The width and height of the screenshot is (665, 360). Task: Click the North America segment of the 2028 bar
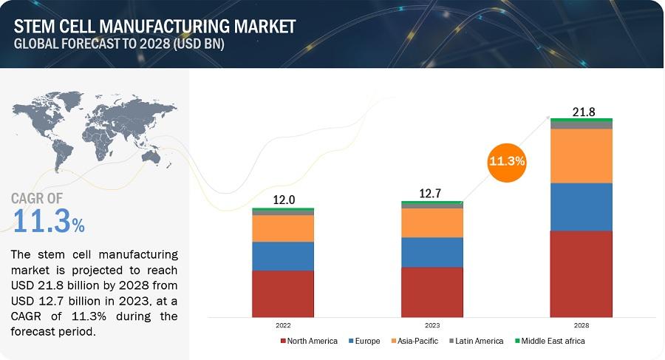pyautogui.click(x=581, y=274)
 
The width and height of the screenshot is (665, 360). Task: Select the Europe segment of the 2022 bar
pyautogui.click(x=283, y=257)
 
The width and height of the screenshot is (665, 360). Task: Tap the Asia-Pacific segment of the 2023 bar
pyautogui.click(x=432, y=223)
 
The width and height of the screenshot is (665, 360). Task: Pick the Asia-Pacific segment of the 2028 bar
pyautogui.click(x=581, y=156)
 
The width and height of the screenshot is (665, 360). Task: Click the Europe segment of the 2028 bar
pyautogui.click(x=581, y=207)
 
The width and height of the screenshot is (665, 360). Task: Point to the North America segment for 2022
pyautogui.click(x=283, y=293)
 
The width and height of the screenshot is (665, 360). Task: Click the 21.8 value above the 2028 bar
pyautogui.click(x=584, y=112)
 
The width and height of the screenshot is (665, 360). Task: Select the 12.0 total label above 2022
pyautogui.click(x=284, y=200)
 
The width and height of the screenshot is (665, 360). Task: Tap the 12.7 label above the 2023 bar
pyautogui.click(x=430, y=194)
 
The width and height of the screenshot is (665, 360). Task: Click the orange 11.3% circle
pyautogui.click(x=507, y=162)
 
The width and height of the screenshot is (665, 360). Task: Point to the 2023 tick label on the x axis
pyautogui.click(x=432, y=325)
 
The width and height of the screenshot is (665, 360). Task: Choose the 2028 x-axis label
pyautogui.click(x=582, y=325)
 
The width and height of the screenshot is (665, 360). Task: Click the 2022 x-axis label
pyautogui.click(x=283, y=325)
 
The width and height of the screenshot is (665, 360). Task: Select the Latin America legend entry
pyautogui.click(x=477, y=341)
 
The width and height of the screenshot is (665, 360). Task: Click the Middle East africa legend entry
pyautogui.click(x=550, y=341)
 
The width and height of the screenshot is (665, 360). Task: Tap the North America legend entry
pyautogui.click(x=309, y=341)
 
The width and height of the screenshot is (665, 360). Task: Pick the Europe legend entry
pyautogui.click(x=364, y=341)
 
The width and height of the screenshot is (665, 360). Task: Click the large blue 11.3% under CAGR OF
pyautogui.click(x=48, y=221)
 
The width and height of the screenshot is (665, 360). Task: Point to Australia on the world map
pyautogui.click(x=151, y=157)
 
